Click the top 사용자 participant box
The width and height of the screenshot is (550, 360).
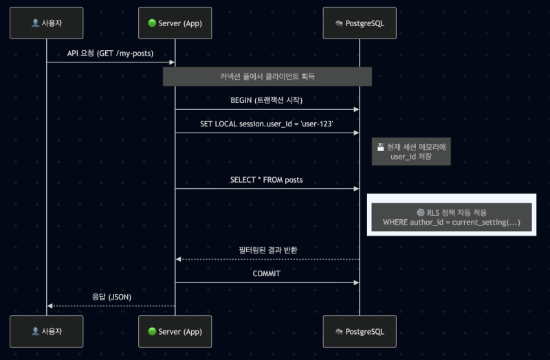[x=47, y=23]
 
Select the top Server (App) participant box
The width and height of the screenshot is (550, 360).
[x=175, y=23]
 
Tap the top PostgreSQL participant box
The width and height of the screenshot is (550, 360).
[x=359, y=23]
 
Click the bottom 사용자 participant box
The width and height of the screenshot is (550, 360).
[x=47, y=331]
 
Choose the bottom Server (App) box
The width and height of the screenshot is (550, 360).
[x=175, y=331]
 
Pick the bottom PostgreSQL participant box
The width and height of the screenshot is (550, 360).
[x=359, y=331]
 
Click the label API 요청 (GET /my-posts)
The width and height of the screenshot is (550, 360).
[x=110, y=53]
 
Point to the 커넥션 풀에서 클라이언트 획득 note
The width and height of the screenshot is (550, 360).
[x=267, y=76]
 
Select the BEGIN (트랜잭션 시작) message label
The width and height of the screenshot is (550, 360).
[x=267, y=100]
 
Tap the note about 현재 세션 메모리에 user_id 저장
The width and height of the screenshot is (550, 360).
[x=410, y=152]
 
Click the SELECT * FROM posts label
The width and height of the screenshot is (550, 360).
[x=267, y=180]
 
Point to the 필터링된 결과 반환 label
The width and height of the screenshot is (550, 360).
[x=267, y=249]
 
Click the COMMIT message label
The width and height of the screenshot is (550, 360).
[x=267, y=273]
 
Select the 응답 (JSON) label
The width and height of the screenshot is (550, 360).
[x=111, y=297]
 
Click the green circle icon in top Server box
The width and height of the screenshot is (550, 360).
[x=152, y=23]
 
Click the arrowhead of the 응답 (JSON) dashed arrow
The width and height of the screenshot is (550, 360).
[x=49, y=306]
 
